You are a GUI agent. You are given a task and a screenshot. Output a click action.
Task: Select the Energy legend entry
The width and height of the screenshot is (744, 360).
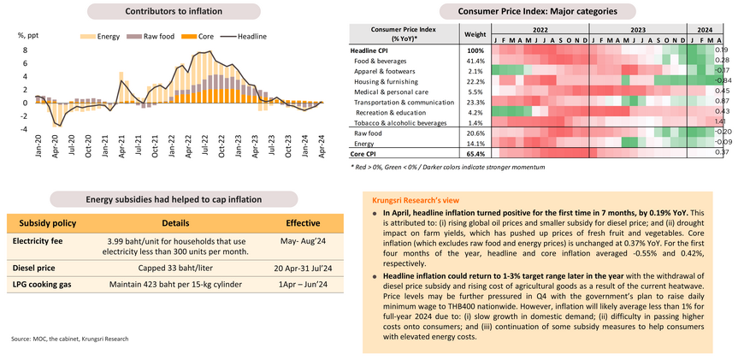[102, 37]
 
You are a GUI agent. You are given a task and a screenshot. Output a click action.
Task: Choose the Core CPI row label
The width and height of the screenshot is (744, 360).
[369, 153]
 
